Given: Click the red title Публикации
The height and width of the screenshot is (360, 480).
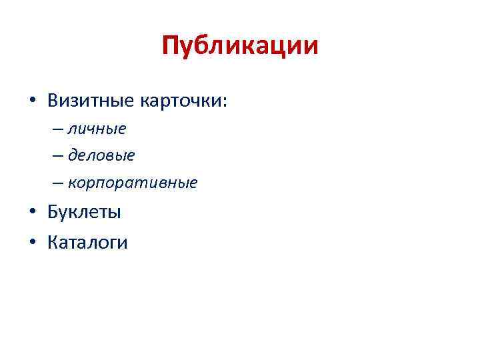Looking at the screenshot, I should (x=240, y=46).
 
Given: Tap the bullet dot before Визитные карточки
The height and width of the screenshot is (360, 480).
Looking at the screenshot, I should (x=32, y=101).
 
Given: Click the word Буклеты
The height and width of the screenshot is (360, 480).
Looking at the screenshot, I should (x=84, y=213).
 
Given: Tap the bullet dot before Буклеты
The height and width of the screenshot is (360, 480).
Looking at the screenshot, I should (x=32, y=214).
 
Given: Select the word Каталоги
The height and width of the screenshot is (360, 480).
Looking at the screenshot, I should (x=87, y=242).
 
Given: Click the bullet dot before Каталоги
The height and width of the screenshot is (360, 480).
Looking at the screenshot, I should (x=32, y=243).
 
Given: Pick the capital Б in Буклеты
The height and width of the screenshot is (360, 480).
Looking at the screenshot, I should (x=53, y=213).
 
